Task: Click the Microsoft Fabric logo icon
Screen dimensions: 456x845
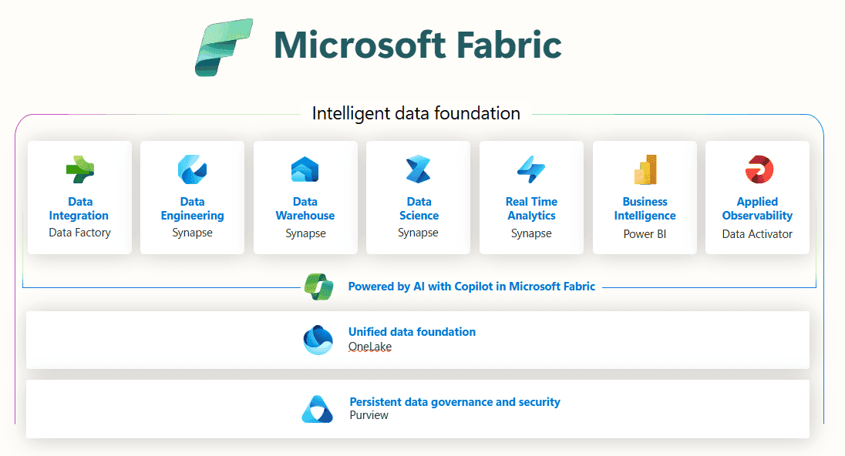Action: (x=224, y=48)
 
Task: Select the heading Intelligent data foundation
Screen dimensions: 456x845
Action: (x=416, y=114)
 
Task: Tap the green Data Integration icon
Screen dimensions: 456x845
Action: (x=79, y=169)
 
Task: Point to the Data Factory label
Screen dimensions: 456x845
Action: (x=79, y=232)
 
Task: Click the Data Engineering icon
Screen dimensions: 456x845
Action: (x=192, y=169)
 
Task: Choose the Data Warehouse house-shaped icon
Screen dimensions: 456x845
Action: (x=305, y=169)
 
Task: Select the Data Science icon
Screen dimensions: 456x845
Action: (x=419, y=169)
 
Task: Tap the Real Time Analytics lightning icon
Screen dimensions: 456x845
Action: (x=531, y=169)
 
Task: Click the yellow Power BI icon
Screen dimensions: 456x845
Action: (x=645, y=169)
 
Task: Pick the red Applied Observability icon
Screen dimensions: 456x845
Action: (x=758, y=169)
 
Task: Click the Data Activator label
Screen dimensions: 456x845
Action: (x=757, y=233)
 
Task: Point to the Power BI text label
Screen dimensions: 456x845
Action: (x=645, y=233)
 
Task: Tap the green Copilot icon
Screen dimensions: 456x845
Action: (x=319, y=286)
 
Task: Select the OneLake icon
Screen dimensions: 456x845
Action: (x=318, y=340)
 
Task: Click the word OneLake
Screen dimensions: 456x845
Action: (x=370, y=347)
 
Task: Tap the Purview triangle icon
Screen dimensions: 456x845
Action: (x=317, y=409)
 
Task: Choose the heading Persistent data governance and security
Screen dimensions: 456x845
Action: (x=455, y=402)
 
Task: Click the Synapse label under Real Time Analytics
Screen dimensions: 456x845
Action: (x=531, y=233)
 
